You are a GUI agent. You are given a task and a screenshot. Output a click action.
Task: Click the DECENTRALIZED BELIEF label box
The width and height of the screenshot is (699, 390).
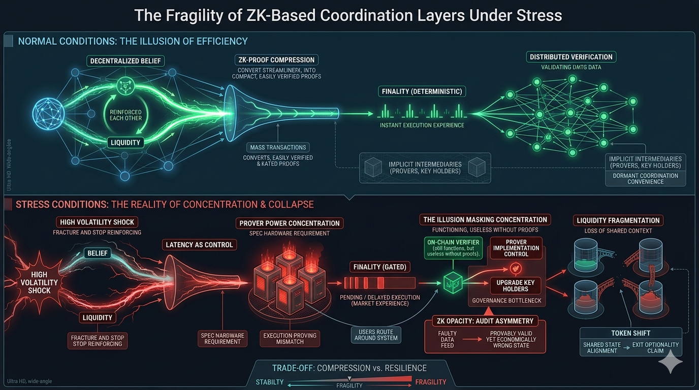pyautogui.click(x=125, y=61)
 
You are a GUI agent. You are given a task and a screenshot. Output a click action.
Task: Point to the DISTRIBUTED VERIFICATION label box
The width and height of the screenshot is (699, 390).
pyautogui.click(x=571, y=57)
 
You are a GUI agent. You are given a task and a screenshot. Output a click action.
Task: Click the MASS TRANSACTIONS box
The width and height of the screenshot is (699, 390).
pyautogui.click(x=278, y=147)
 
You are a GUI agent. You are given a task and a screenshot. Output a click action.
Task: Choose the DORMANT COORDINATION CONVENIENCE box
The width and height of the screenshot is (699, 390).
pyautogui.click(x=645, y=179)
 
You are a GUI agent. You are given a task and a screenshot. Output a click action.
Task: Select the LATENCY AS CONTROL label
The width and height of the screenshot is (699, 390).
pyautogui.click(x=199, y=245)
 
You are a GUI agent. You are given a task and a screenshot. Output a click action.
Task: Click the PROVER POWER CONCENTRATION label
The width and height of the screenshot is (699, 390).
pyautogui.click(x=289, y=223)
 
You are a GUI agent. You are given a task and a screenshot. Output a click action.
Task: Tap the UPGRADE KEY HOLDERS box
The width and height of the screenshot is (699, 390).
pyautogui.click(x=516, y=285)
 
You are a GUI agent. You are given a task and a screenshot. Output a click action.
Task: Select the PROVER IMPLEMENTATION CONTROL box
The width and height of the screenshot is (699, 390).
pyautogui.click(x=516, y=248)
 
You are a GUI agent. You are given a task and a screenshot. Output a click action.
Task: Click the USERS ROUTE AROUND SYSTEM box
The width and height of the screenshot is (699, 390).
pyautogui.click(x=376, y=335)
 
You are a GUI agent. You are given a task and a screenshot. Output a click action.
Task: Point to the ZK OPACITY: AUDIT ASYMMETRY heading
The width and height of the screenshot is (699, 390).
pyautogui.click(x=485, y=321)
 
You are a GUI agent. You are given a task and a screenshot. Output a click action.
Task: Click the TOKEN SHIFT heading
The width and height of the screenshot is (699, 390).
pyautogui.click(x=631, y=333)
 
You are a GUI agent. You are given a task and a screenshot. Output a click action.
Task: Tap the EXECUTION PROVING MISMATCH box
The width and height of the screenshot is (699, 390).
pyautogui.click(x=290, y=339)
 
